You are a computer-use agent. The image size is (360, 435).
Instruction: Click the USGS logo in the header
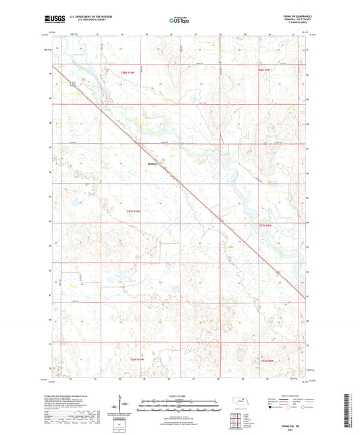(52, 21)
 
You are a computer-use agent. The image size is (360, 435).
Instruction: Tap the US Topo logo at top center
(179, 22)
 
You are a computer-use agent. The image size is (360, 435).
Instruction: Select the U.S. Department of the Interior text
(88, 18)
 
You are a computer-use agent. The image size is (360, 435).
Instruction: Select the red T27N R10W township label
(135, 211)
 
